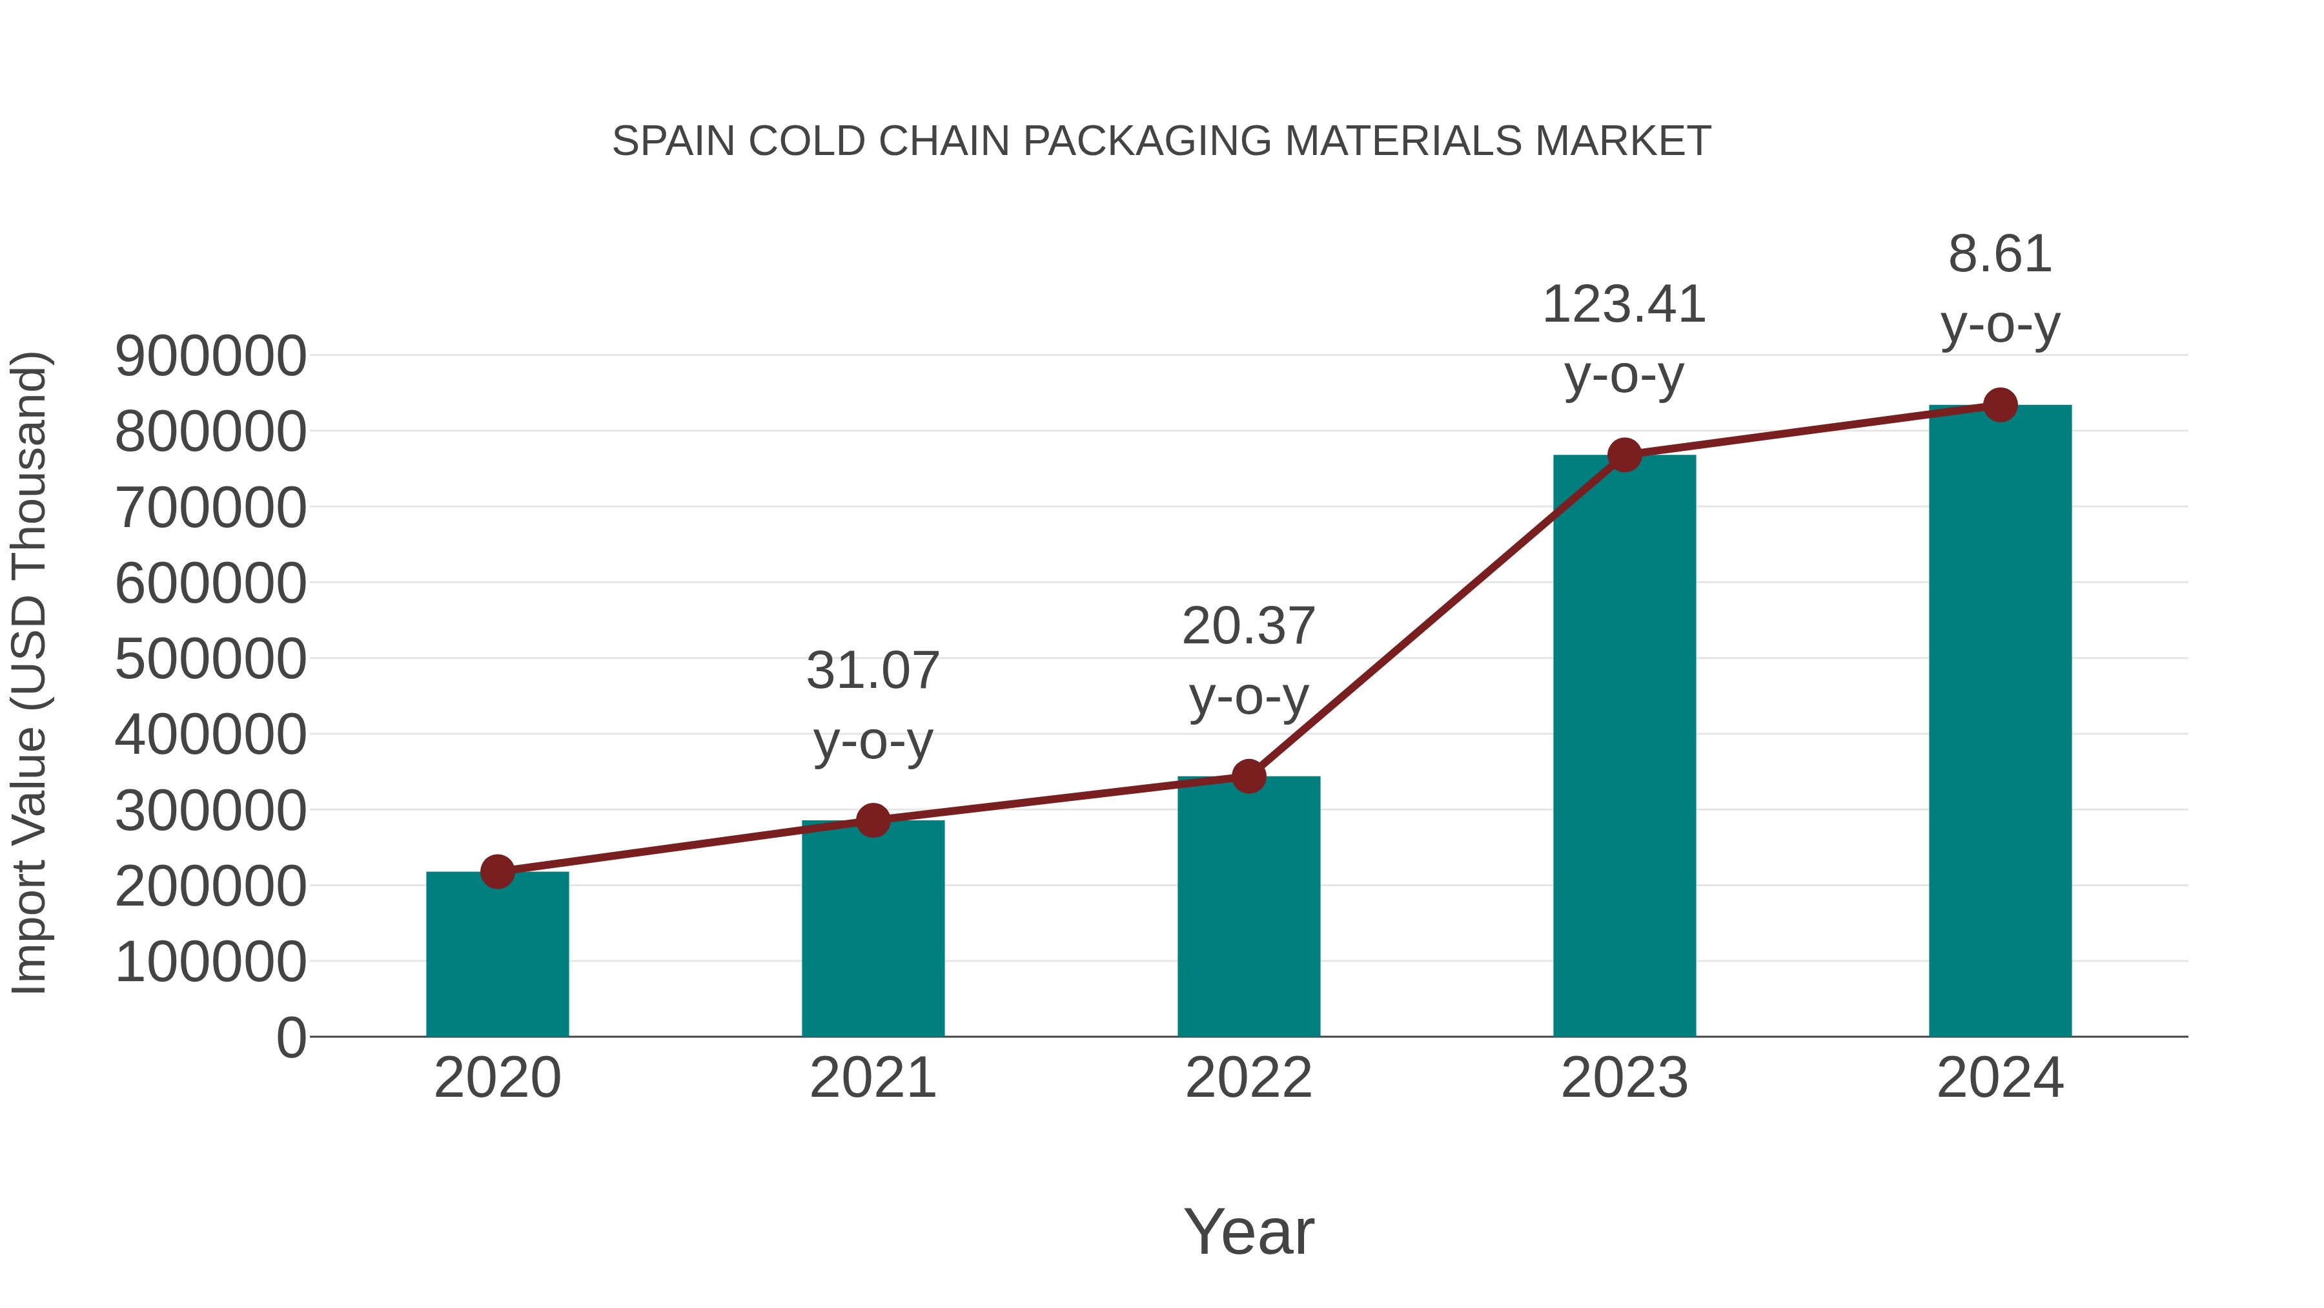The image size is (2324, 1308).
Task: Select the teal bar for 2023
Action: [x=1624, y=749]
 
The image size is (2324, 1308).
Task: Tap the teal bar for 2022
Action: [x=1249, y=908]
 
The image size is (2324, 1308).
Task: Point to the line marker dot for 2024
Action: [x=2000, y=405]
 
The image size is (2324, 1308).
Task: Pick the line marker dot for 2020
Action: [x=497, y=872]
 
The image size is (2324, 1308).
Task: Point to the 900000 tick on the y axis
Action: [x=211, y=357]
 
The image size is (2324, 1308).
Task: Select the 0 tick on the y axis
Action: [x=291, y=1038]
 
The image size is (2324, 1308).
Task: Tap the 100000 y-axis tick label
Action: [x=211, y=962]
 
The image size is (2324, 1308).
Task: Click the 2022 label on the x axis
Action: [x=1249, y=1079]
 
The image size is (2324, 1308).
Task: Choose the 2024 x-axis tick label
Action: [x=2000, y=1079]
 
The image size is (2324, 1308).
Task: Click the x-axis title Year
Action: [x=1249, y=1232]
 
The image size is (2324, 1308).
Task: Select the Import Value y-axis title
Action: [x=29, y=672]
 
